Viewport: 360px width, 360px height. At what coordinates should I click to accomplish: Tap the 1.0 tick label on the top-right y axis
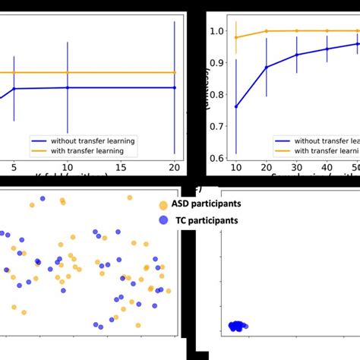pos(218,31)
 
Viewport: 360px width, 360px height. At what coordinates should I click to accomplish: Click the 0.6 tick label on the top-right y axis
pos(218,158)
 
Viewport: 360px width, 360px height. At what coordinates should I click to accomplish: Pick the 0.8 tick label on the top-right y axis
pos(218,95)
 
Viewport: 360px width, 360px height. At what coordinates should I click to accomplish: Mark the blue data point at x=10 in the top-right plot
pos(236,106)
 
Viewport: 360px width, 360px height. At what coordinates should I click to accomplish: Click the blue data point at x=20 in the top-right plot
pos(267,67)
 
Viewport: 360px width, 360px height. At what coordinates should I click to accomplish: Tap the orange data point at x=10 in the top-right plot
pos(236,37)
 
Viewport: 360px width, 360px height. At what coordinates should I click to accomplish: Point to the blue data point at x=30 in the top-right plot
pos(297,55)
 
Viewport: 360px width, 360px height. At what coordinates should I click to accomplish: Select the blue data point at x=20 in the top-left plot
pos(175,87)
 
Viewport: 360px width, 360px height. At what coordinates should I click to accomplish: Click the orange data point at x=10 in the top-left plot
pos(68,72)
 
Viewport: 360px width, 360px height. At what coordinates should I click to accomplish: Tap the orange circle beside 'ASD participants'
pos(163,205)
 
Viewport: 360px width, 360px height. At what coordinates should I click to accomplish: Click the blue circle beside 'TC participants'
pos(163,220)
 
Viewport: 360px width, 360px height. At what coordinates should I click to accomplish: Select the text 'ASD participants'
pos(209,205)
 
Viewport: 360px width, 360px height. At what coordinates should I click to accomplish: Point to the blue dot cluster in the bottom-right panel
pos(236,326)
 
